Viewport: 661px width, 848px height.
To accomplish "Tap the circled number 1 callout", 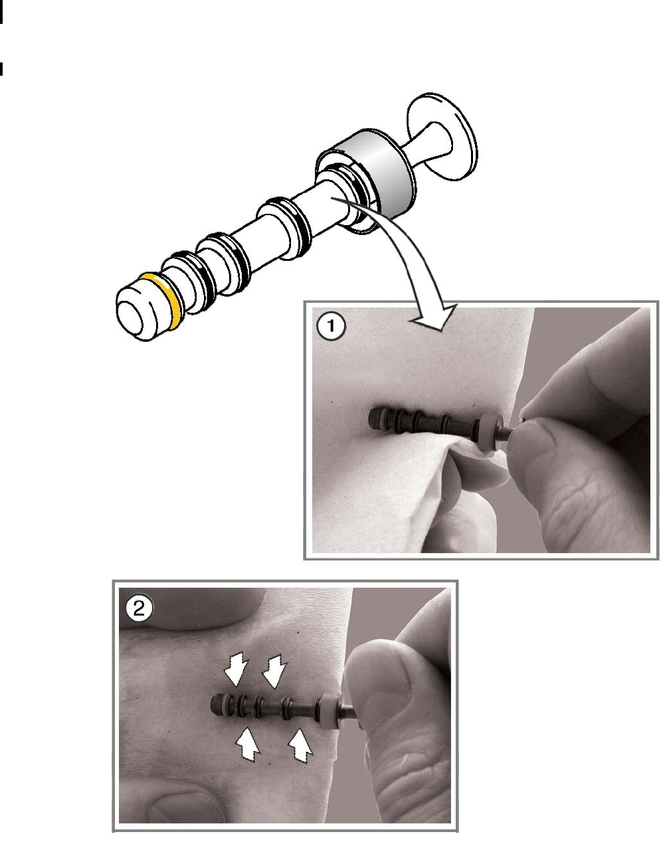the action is point(331,325).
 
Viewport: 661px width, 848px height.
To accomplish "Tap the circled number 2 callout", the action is point(140,608).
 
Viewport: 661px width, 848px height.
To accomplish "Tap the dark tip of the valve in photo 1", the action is point(375,417).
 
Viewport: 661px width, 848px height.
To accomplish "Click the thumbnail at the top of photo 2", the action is point(191,608).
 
